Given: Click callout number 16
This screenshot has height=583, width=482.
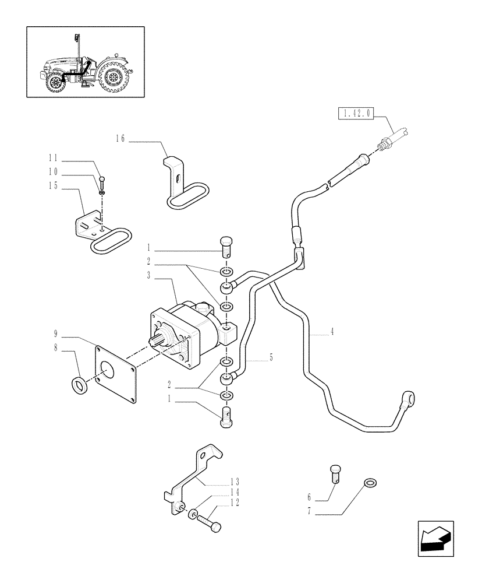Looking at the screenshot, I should (x=120, y=139).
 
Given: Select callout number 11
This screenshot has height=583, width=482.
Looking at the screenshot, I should (x=53, y=158).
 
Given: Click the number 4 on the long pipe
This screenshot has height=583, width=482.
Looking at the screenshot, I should (x=331, y=332).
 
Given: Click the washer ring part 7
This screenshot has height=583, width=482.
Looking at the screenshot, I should (x=368, y=483).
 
